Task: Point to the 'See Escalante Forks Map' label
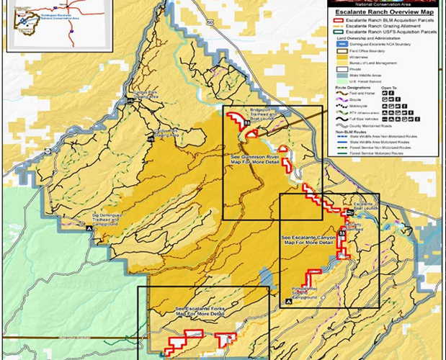pos(199,311)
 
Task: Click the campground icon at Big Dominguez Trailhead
pos(89,228)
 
